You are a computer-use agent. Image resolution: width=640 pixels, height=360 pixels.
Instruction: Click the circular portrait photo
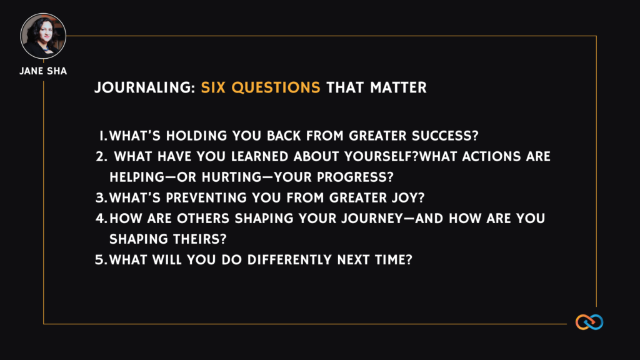[x=43, y=36]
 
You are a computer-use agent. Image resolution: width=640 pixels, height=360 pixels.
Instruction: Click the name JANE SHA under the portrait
[x=43, y=71]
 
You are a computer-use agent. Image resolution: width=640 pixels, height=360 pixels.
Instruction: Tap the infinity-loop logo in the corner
[x=589, y=322]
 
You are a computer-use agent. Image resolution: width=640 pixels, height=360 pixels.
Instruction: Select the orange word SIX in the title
[x=213, y=87]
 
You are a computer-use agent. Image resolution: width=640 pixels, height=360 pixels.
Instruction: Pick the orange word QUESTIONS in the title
[x=276, y=87]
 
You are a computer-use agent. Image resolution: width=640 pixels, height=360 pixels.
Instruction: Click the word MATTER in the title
[x=398, y=87]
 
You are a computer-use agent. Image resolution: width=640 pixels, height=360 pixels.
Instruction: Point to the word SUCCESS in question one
[x=445, y=136]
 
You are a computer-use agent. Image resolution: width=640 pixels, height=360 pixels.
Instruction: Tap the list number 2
[x=101, y=157]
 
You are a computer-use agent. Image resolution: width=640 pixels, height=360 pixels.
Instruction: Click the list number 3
[x=101, y=198]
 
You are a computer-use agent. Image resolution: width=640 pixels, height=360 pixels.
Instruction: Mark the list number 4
[x=101, y=219]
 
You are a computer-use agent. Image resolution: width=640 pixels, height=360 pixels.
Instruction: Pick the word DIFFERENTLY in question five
[x=290, y=260]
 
